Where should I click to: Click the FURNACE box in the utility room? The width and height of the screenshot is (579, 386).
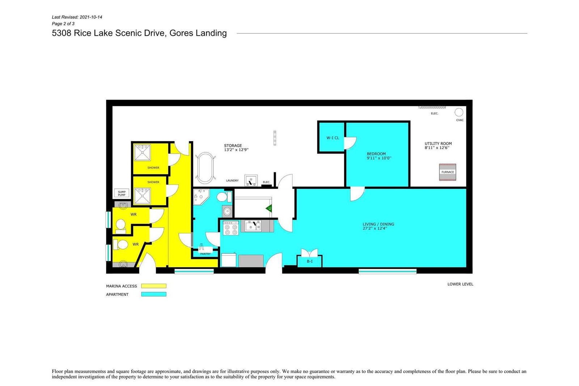[x=447, y=172]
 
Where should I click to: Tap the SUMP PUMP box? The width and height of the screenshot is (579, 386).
[x=122, y=193]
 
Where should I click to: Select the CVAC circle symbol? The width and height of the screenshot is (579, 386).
[x=459, y=113]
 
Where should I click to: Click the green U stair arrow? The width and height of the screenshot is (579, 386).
[x=269, y=208]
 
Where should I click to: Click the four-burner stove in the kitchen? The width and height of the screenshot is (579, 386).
[x=231, y=228]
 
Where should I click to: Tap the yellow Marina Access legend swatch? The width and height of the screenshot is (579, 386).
[x=153, y=286]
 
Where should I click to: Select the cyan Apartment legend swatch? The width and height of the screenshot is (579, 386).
[x=153, y=294]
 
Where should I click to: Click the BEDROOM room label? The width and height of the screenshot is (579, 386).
[x=376, y=154]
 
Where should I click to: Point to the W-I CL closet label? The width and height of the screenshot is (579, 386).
[x=333, y=138]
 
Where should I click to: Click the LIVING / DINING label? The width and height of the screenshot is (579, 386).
[x=379, y=224]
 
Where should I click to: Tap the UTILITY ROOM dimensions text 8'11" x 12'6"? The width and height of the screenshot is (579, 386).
[x=437, y=148]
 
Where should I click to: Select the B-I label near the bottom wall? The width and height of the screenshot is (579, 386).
[x=310, y=261]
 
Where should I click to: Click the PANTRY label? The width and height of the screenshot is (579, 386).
[x=205, y=254]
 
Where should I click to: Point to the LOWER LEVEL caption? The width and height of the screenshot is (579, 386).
[x=460, y=284]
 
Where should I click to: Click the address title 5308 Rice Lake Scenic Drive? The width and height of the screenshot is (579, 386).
[x=109, y=33]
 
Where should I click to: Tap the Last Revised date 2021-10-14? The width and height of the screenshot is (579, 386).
[x=91, y=17]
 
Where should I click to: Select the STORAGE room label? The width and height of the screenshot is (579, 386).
[x=233, y=146]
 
